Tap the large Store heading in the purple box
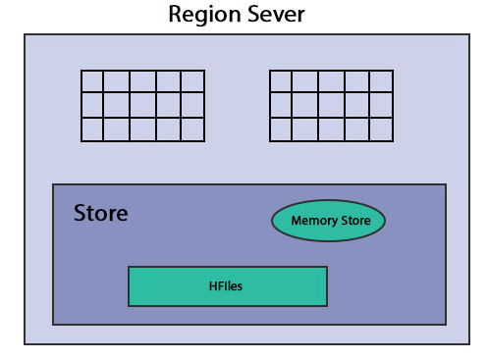click(100, 213)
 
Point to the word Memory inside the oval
click(313, 221)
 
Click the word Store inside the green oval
click(354, 221)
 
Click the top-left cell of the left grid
click(92, 81)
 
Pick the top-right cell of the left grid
click(192, 81)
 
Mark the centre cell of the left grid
click(142, 105)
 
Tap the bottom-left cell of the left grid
click(92, 129)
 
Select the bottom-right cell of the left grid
click(192, 129)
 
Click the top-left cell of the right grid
click(282, 81)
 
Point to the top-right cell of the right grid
click(381, 81)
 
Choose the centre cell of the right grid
click(331, 105)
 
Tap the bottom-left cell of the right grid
click(282, 129)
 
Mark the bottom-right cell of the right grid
click(381, 129)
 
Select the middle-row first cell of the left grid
click(92, 105)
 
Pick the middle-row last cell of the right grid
click(381, 105)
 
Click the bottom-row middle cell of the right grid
click(331, 129)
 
